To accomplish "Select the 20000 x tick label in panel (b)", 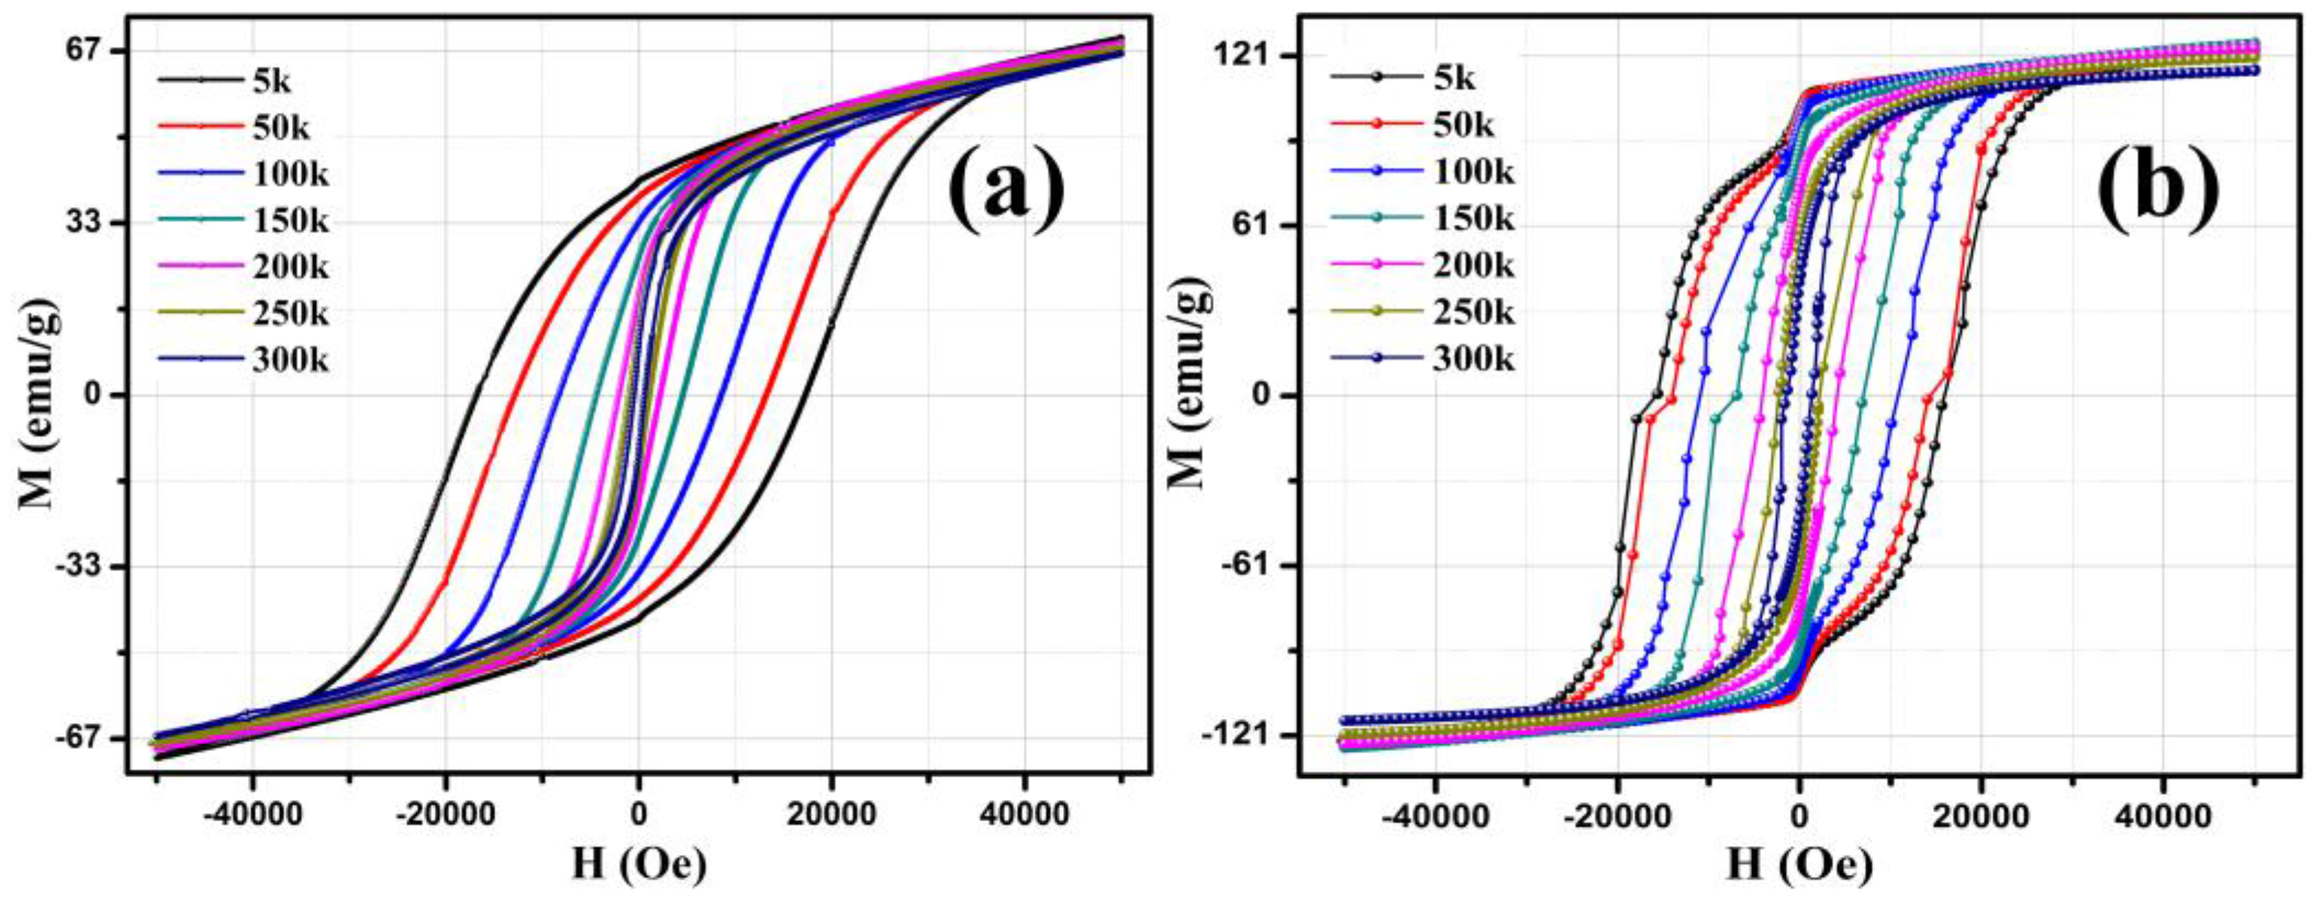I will (x=1980, y=816).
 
